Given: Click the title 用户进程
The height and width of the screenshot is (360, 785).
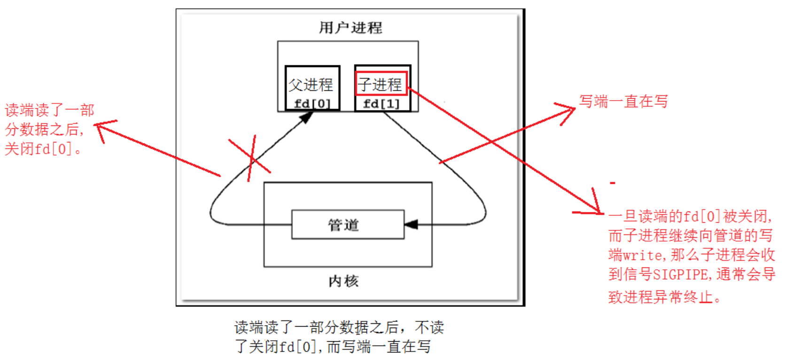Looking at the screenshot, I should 350,28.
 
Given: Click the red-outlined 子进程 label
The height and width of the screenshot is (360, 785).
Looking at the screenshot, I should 381,84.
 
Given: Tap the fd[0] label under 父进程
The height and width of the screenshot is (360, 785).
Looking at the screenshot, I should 312,103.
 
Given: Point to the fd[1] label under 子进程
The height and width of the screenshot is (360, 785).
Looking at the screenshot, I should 381,103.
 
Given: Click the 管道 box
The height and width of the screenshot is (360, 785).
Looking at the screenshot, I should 348,225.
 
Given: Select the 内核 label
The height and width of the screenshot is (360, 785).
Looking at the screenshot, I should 343,281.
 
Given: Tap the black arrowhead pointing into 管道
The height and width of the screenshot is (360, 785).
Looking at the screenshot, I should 411,225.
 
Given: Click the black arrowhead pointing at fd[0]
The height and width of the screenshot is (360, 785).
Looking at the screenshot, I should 306,117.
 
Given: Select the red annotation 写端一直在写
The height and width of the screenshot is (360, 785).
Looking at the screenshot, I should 623,101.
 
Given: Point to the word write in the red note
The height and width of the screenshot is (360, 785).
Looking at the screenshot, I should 642,255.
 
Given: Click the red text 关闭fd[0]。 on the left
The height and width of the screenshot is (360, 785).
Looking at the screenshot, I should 44,149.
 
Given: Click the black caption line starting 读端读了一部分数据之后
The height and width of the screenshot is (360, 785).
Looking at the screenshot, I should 339,327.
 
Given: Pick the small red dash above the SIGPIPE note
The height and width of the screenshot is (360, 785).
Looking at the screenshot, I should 612,183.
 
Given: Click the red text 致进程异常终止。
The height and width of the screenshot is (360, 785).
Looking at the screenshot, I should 664,297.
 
